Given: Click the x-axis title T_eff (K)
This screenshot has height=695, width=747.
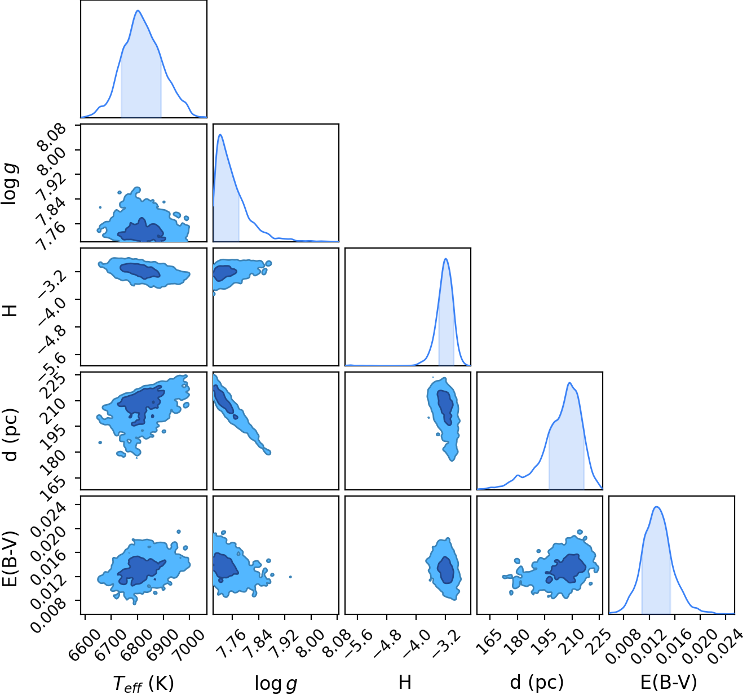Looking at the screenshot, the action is [x=143, y=683].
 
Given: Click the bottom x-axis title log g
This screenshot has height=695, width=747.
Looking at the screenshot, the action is [x=276, y=683].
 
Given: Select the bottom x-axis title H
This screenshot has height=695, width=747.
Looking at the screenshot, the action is [x=405, y=682].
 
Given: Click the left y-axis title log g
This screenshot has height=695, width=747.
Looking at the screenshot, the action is [x=10, y=184].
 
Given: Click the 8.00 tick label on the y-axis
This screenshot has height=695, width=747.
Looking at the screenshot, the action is [x=52, y=160].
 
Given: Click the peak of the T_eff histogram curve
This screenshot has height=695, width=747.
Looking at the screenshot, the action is [x=138, y=11].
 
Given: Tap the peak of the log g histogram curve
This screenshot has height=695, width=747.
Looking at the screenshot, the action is [x=220, y=135].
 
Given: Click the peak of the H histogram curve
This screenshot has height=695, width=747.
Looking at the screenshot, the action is [x=446, y=258].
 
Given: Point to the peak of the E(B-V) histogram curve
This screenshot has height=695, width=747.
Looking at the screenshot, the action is [x=657, y=507].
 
